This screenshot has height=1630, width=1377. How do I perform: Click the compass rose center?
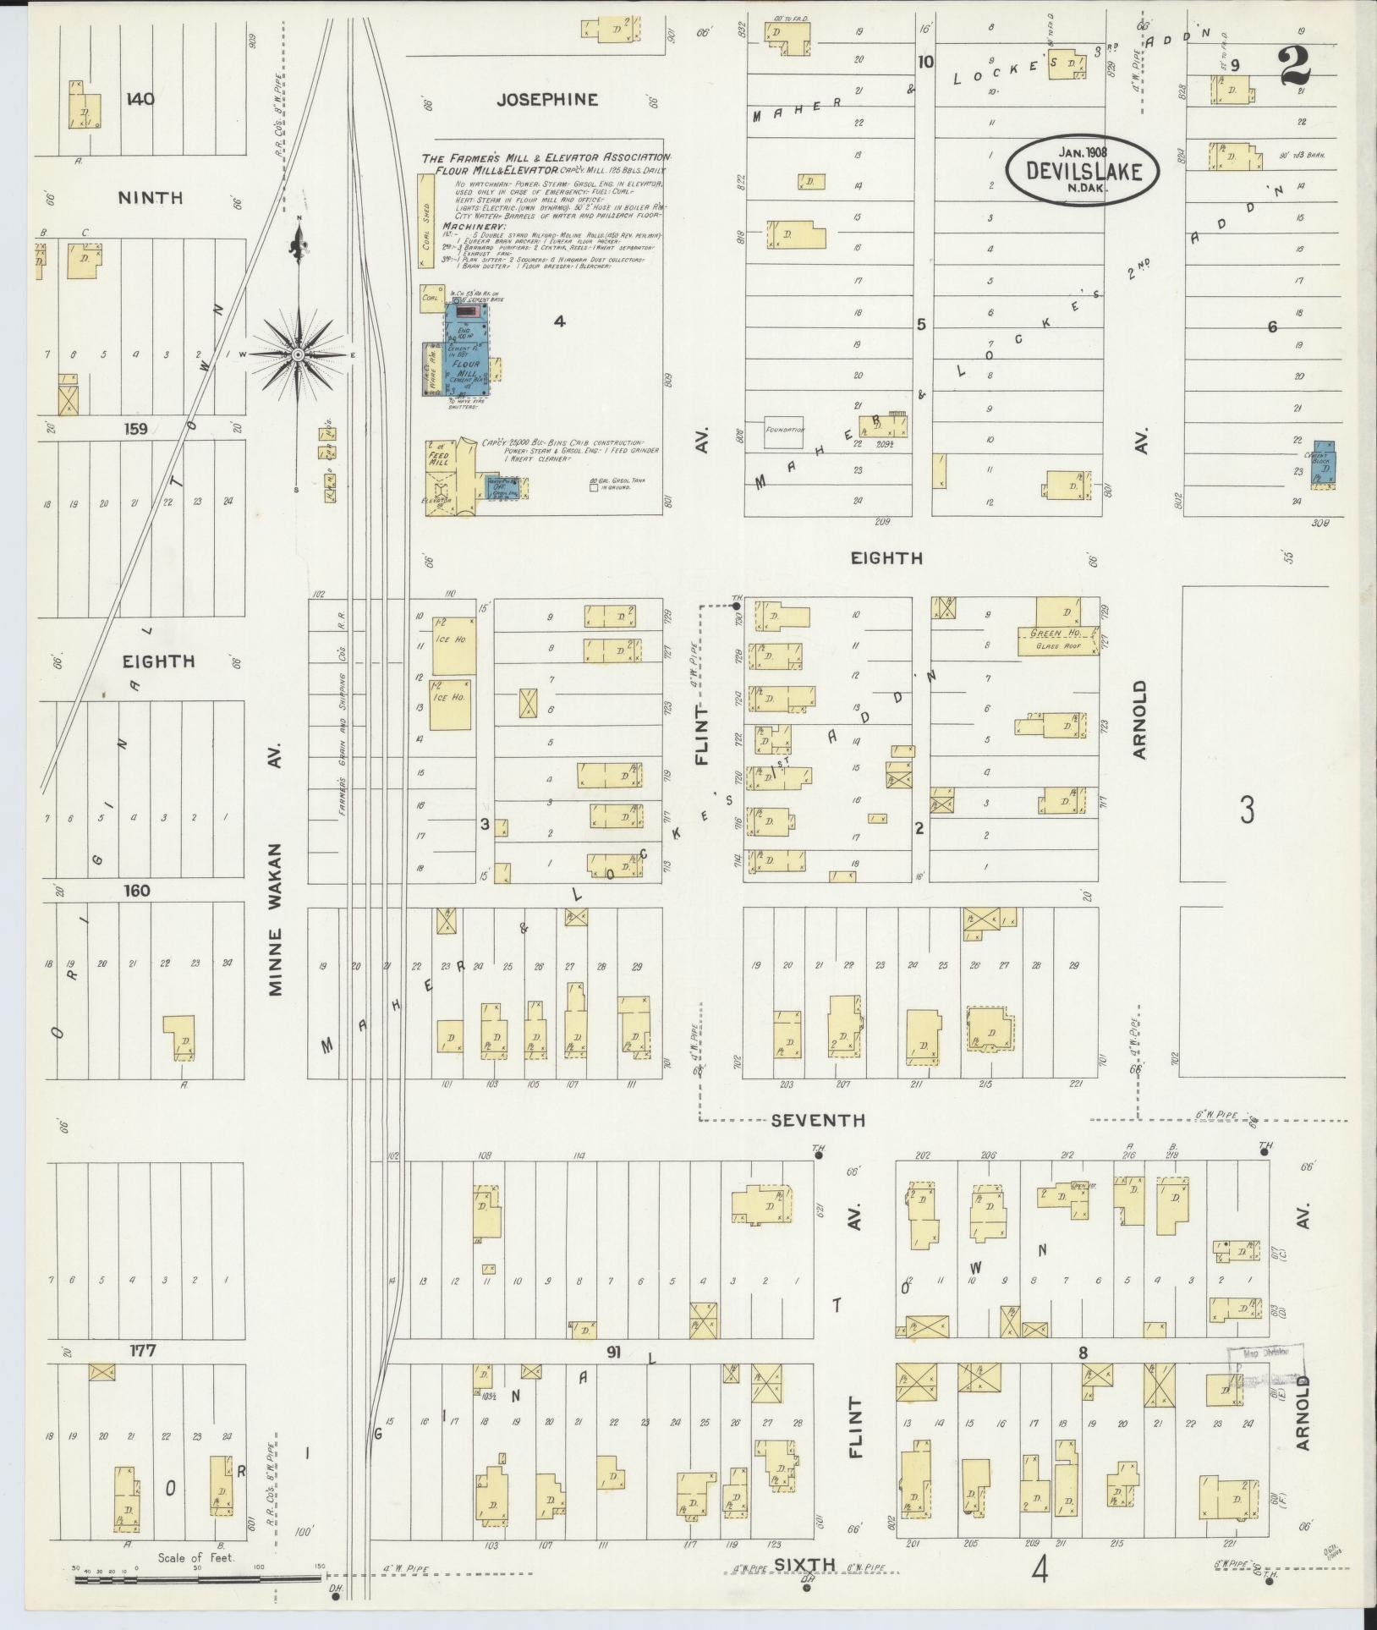[297, 354]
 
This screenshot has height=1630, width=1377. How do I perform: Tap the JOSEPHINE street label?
[546, 100]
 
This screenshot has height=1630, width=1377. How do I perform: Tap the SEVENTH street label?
[817, 1120]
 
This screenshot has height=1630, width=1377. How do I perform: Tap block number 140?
[140, 99]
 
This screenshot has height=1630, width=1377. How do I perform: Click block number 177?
[142, 1351]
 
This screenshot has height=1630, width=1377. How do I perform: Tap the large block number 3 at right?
[1247, 810]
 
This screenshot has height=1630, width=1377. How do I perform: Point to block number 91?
[614, 1353]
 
